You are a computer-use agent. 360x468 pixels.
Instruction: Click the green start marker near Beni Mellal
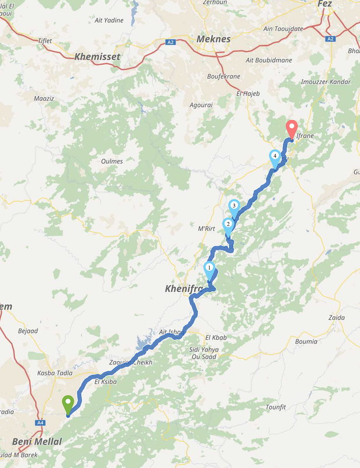click(x=68, y=404)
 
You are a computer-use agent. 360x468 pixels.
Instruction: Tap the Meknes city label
click(x=214, y=39)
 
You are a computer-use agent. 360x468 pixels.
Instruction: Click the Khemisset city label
click(x=97, y=57)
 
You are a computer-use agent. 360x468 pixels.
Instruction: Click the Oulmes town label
click(x=112, y=161)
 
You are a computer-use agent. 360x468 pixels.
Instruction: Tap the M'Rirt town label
click(x=207, y=228)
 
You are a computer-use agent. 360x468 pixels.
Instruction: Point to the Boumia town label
click(x=306, y=341)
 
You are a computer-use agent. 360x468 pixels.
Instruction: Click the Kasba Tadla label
click(x=54, y=373)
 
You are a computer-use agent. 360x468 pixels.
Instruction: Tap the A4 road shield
click(x=40, y=422)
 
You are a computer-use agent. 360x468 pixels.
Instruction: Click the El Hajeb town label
click(x=247, y=93)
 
